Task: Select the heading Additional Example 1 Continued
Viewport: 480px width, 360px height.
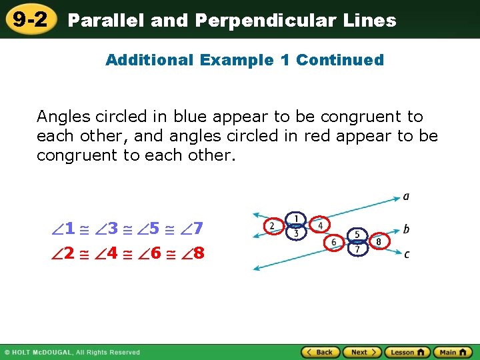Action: pos(245,60)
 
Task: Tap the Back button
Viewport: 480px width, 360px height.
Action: pos(320,352)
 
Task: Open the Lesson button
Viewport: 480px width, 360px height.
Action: pos(407,352)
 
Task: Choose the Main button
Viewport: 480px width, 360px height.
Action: pos(453,352)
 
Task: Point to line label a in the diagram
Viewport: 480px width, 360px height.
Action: pos(406,197)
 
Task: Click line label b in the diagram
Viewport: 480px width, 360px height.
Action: pos(406,229)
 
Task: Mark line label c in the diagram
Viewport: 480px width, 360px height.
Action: pos(406,254)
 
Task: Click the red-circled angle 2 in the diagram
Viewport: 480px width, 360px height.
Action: pos(272,226)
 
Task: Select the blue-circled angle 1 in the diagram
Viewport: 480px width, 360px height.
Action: pos(295,219)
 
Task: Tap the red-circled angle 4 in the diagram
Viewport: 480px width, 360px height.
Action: pos(319,225)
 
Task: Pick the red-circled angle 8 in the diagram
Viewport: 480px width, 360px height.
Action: pos(379,241)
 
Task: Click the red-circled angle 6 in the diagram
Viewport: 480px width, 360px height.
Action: pos(334,243)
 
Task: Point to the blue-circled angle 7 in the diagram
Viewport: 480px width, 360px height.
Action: pos(357,249)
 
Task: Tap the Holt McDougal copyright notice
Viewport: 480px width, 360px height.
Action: pos(72,352)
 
